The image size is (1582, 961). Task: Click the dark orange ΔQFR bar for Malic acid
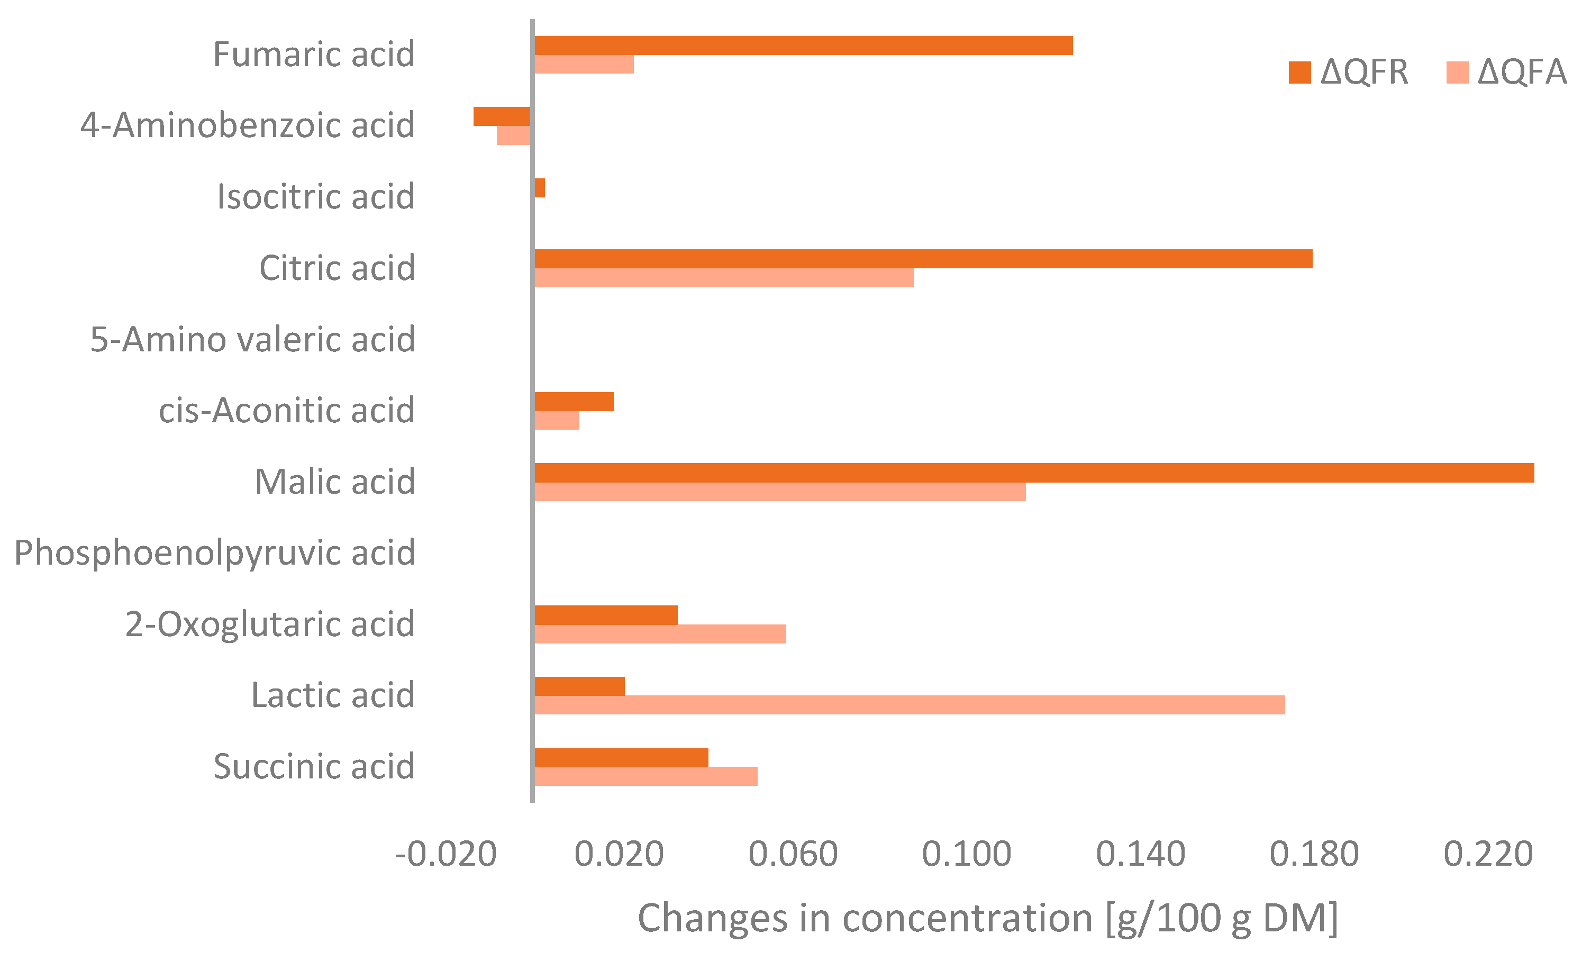(1034, 473)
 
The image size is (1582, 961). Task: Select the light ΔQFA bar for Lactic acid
(909, 705)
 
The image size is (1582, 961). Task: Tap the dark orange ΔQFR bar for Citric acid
(923, 259)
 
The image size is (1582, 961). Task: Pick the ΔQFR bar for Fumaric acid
(803, 46)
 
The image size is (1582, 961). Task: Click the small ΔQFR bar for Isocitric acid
(539, 188)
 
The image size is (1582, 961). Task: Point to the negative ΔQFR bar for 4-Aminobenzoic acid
(502, 116)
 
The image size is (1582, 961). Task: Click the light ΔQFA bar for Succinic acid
(646, 776)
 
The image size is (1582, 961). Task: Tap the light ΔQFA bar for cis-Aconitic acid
(557, 421)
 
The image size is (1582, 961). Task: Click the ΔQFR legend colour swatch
(1299, 72)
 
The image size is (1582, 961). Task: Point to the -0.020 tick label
(445, 855)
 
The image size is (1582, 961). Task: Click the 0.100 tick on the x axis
(966, 855)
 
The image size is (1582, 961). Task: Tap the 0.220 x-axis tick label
(1488, 855)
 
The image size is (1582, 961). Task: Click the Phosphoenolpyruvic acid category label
(214, 552)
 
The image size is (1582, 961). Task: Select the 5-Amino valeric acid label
(252, 339)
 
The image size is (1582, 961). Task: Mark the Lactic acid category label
(333, 695)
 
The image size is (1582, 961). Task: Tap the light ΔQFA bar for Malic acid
(779, 492)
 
